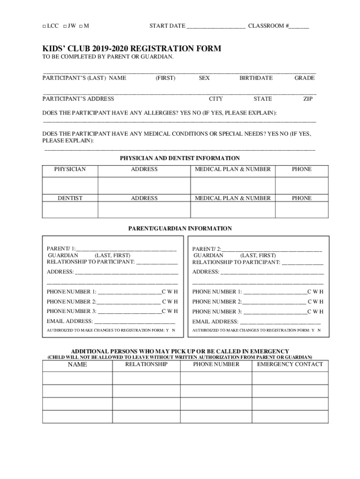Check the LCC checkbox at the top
click(44, 26)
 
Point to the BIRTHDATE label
click(256, 78)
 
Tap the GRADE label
click(304, 78)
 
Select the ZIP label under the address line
click(308, 99)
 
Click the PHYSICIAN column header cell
click(70, 169)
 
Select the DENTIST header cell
click(70, 198)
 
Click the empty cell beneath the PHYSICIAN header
click(70, 185)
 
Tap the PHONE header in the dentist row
click(302, 198)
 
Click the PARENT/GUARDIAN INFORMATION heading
click(180, 229)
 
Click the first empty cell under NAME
click(77, 378)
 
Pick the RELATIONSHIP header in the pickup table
click(146, 364)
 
